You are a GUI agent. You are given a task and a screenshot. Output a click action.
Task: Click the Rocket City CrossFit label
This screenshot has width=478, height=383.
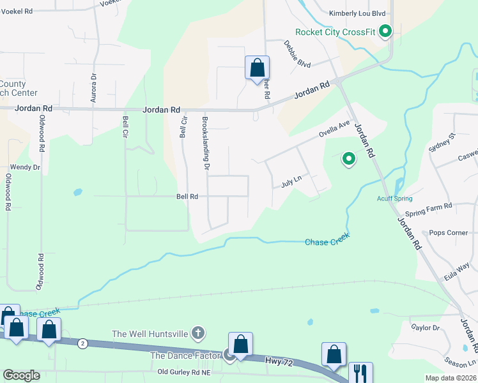(335, 33)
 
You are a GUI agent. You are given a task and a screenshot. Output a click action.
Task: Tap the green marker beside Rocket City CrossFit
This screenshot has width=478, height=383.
(385, 31)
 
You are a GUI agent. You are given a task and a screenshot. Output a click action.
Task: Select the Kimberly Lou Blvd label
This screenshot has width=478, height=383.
(358, 13)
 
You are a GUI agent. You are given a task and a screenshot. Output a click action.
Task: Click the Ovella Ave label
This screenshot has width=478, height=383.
(335, 129)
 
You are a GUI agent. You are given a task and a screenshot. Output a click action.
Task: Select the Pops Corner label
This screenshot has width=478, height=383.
(449, 233)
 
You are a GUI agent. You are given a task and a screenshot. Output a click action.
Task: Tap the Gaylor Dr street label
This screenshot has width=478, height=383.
(426, 327)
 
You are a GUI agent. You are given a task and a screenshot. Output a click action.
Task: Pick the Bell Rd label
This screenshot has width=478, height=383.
(187, 197)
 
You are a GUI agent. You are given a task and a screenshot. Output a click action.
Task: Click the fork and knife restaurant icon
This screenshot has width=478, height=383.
(360, 372)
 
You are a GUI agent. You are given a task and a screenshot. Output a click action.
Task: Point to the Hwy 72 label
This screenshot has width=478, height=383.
(279, 362)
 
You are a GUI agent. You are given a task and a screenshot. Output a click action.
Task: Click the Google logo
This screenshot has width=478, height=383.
(21, 375)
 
